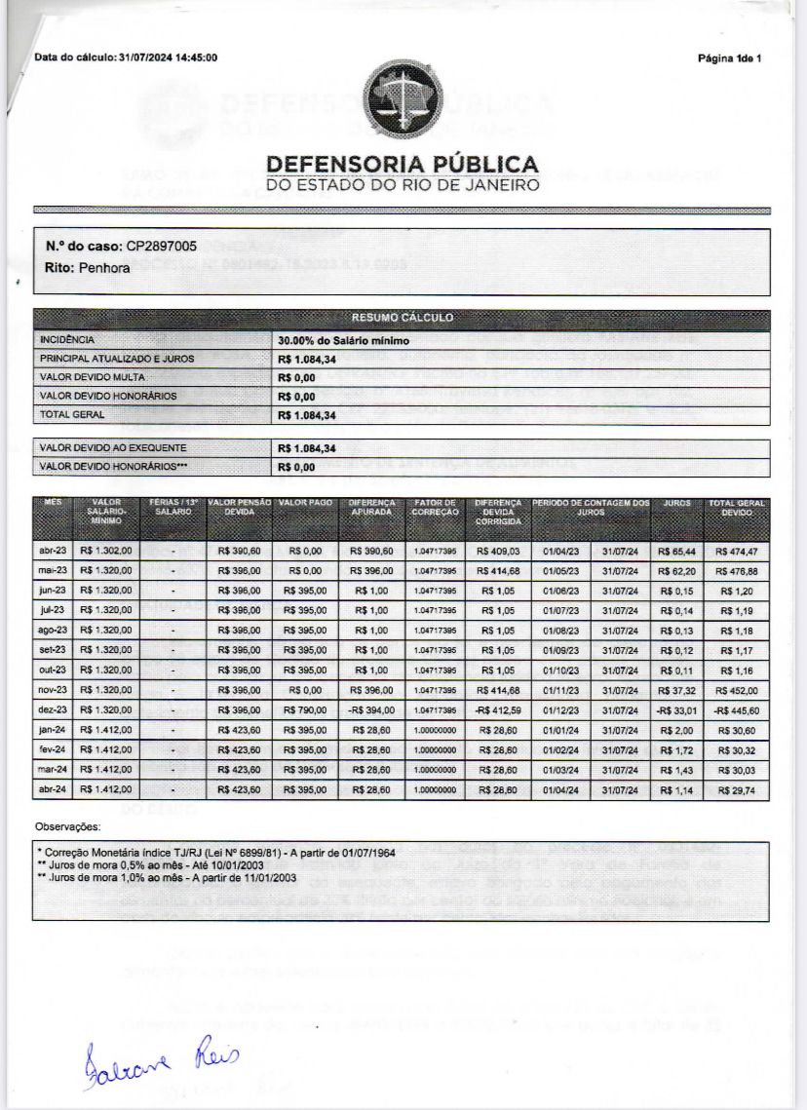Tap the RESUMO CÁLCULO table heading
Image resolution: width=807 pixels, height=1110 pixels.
pyautogui.click(x=402, y=319)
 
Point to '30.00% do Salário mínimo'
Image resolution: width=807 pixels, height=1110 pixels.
pyautogui.click(x=343, y=340)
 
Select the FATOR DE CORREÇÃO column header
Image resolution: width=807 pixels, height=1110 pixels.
pyautogui.click(x=435, y=507)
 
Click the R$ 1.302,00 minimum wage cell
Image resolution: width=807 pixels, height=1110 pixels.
pyautogui.click(x=107, y=552)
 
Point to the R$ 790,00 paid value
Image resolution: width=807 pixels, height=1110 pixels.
pyautogui.click(x=305, y=710)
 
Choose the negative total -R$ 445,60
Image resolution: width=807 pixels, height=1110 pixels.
pyautogui.click(x=736, y=710)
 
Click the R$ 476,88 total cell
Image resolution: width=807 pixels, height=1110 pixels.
pyautogui.click(x=736, y=571)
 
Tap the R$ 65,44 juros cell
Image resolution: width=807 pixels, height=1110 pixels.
pyautogui.click(x=676, y=552)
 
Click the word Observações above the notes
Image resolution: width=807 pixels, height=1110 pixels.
pyautogui.click(x=67, y=826)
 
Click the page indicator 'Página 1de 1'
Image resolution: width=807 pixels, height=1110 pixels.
pyautogui.click(x=729, y=58)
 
